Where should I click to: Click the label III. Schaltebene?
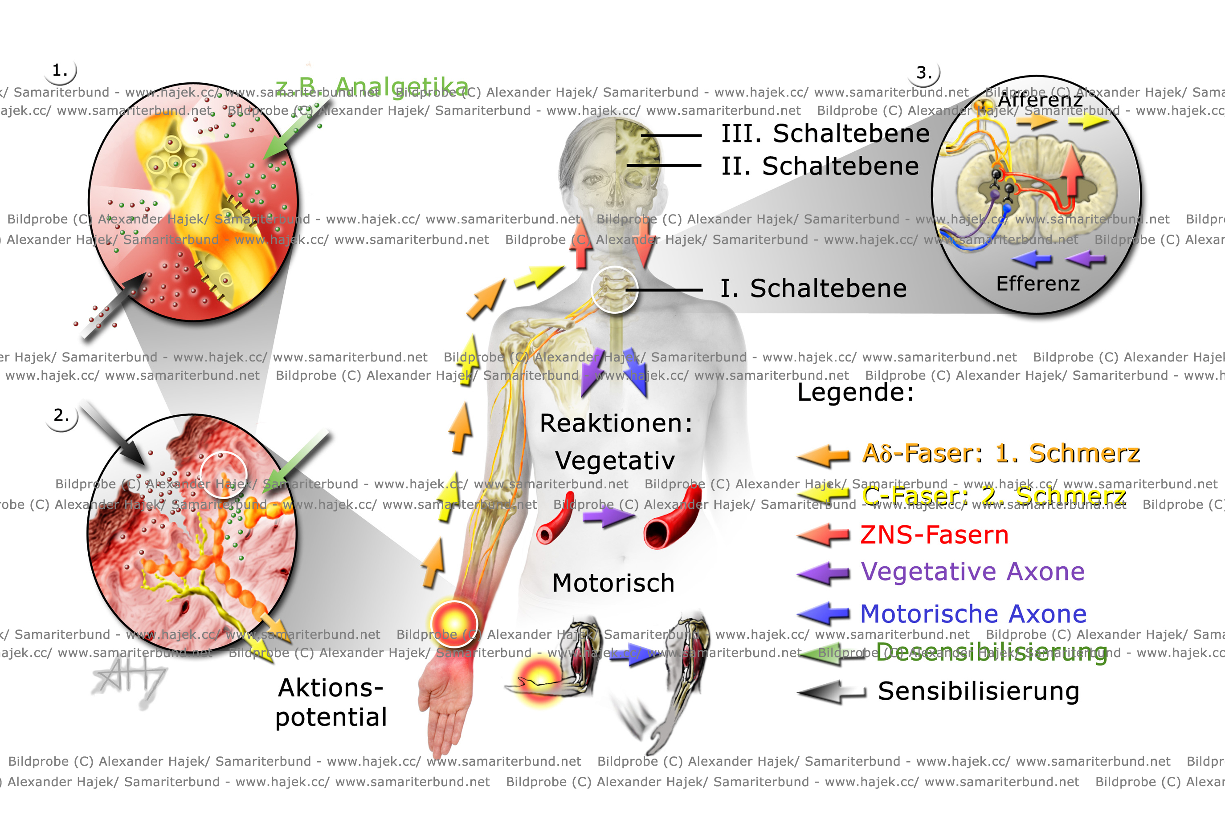(x=825, y=134)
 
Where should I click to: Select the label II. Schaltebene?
(x=820, y=166)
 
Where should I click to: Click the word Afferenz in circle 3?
(x=1040, y=99)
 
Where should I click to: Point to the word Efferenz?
(x=1037, y=284)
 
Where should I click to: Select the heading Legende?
(x=855, y=392)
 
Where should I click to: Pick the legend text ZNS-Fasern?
(x=934, y=535)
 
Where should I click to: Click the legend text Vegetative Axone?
(x=972, y=572)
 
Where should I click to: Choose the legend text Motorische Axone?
(x=972, y=614)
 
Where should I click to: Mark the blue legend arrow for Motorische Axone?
(x=823, y=614)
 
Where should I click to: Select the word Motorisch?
(x=613, y=583)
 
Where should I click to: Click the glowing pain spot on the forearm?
(x=454, y=623)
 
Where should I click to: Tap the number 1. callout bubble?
(x=61, y=70)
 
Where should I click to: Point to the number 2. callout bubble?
(x=61, y=415)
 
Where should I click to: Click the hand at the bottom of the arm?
(x=445, y=713)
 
